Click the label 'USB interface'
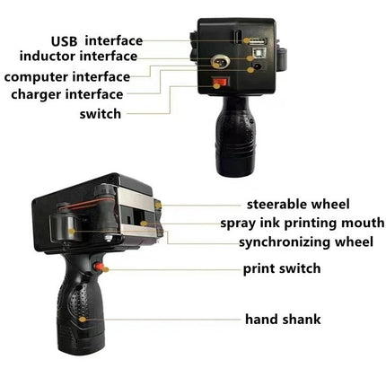click(96, 40)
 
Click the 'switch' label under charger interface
click(99, 114)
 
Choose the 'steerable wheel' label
click(298, 205)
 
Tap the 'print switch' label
click(282, 268)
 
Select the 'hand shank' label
click(283, 319)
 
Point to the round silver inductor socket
click(217, 63)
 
